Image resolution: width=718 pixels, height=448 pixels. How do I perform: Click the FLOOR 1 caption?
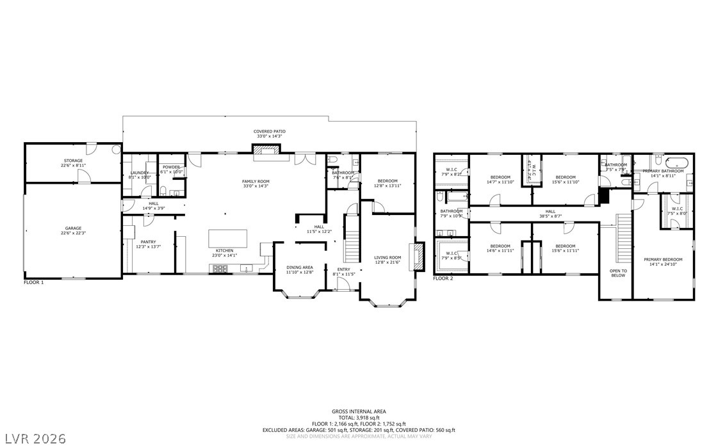click(33, 282)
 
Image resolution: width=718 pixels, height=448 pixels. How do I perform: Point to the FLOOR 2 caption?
click(443, 279)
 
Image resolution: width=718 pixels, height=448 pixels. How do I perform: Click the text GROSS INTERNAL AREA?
click(359, 412)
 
